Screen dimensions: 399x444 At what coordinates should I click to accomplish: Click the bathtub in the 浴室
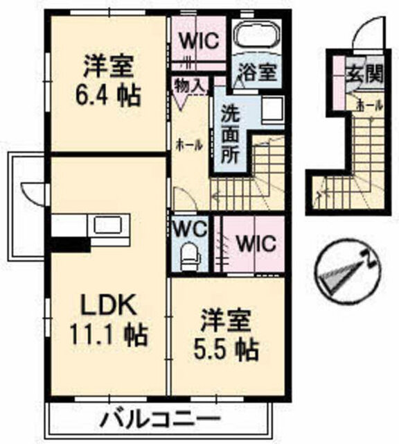257,35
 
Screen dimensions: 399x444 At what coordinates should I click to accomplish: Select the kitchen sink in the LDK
108,225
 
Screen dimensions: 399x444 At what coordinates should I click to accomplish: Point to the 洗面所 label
231,134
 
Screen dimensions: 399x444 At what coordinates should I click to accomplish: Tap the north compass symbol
349,270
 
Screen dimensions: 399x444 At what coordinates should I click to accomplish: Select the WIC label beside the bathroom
200,42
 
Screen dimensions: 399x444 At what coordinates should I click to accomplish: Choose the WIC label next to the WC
256,243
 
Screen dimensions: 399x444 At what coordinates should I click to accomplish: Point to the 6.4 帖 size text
108,96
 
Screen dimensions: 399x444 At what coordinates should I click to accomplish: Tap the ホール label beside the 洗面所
189,146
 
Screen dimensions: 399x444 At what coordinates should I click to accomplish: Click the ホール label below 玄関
370,105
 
